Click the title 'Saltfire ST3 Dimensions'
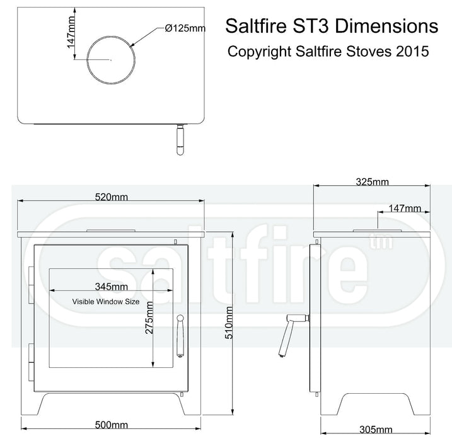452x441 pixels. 331,27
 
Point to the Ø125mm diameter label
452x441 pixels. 185,28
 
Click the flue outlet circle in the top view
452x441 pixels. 111,59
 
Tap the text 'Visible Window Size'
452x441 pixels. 105,302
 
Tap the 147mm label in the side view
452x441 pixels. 404,208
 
